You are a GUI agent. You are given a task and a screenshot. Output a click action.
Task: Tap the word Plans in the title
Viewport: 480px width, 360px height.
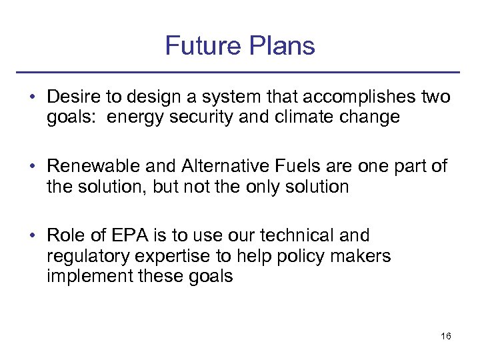click(280, 46)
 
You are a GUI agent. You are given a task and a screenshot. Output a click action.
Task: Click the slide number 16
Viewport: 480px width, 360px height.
click(446, 337)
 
